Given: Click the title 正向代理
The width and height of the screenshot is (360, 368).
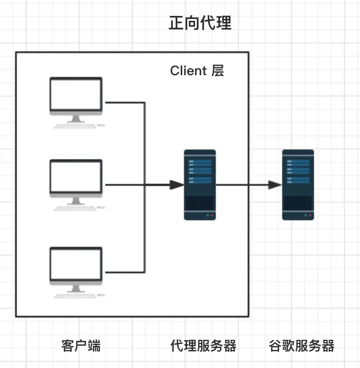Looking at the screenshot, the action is click(200, 23).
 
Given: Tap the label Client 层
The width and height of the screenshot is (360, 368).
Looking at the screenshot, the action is click(197, 71).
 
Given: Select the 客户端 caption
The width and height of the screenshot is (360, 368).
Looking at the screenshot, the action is click(81, 346).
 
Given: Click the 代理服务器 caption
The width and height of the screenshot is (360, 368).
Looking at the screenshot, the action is click(203, 346).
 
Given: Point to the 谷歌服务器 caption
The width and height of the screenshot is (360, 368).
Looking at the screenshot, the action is click(302, 346).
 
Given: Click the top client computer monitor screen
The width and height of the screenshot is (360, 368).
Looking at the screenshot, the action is click(76, 95).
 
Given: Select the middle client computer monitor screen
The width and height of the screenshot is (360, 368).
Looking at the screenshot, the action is click(76, 177).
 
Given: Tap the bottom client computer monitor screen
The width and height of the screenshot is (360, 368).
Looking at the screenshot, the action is click(76, 264).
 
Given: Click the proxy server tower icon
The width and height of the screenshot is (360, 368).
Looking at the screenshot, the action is click(200, 185).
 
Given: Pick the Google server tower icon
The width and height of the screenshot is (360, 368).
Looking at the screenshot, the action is click(298, 185).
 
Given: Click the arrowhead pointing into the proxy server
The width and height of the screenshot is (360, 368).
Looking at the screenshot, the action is click(177, 185).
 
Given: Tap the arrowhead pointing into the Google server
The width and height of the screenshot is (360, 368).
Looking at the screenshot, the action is click(275, 185).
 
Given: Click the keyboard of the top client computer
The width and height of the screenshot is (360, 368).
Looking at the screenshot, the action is click(75, 126).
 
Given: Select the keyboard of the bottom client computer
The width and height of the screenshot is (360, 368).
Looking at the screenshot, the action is click(75, 296).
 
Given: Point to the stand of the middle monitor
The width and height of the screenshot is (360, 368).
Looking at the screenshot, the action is click(76, 201).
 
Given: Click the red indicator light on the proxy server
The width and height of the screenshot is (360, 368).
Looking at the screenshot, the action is click(212, 215).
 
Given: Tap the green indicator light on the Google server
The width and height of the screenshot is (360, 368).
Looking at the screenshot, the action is click(306, 215).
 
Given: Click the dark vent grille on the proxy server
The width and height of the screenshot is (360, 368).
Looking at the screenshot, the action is click(200, 203).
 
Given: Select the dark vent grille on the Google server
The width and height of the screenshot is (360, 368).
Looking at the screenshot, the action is click(298, 203).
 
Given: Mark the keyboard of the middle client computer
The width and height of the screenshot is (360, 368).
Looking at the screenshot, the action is click(75, 209).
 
